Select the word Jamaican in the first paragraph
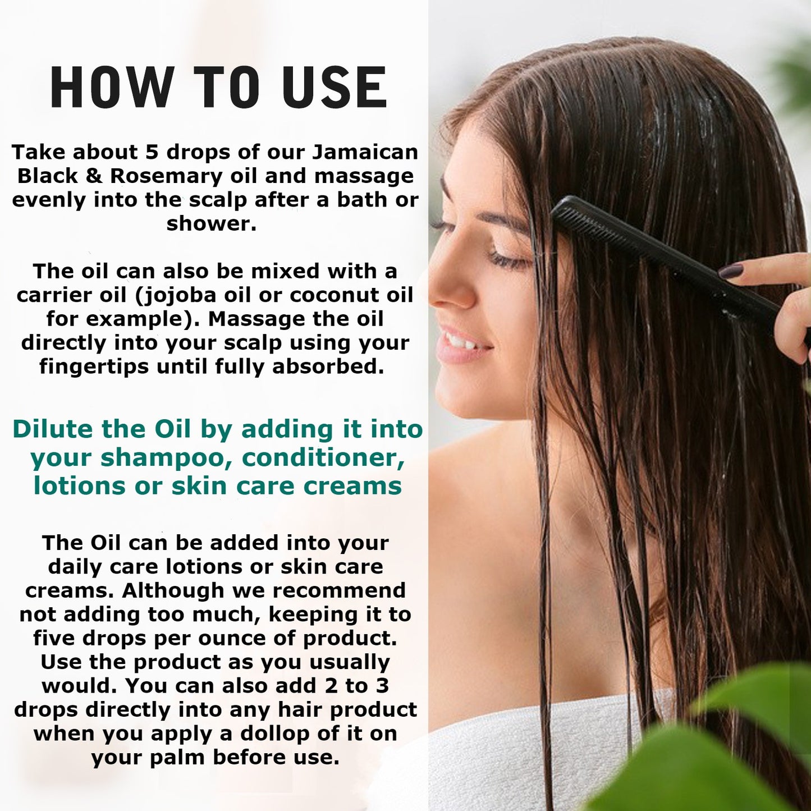click(x=365, y=152)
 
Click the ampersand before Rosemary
click(x=94, y=176)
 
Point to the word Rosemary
click(x=166, y=176)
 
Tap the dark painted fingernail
click(x=731, y=272)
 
